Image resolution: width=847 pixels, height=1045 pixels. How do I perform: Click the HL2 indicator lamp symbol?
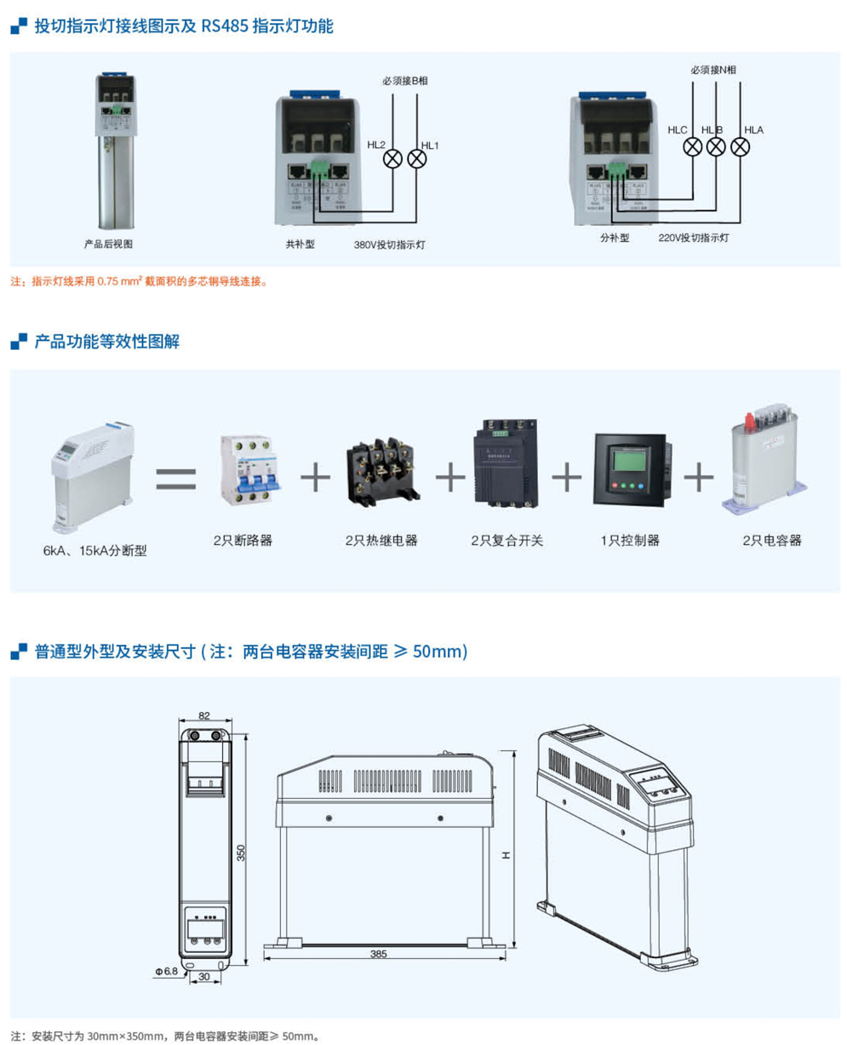(x=392, y=158)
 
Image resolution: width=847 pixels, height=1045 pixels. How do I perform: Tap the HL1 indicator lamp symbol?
(x=416, y=158)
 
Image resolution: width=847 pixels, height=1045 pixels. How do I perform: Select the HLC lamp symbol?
(x=693, y=146)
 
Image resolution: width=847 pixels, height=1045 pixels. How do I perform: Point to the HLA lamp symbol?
(x=741, y=146)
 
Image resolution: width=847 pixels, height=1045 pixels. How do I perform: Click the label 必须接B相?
(x=405, y=81)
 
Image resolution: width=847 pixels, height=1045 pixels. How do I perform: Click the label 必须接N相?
(x=713, y=70)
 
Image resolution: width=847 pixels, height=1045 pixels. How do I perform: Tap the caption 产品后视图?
(x=108, y=244)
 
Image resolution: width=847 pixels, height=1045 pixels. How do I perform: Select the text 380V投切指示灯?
(x=390, y=244)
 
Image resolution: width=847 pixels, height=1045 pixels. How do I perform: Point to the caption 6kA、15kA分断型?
(x=95, y=551)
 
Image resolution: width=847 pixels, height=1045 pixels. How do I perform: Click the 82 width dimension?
(x=203, y=716)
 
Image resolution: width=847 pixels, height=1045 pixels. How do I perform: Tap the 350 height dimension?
(x=241, y=852)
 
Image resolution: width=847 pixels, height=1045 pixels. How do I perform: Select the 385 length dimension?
(x=379, y=954)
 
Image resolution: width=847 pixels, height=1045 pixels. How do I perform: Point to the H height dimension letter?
(x=505, y=853)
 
